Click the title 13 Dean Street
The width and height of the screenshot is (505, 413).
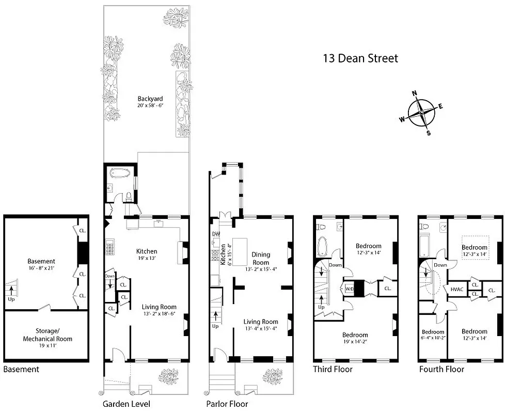coord(360,58)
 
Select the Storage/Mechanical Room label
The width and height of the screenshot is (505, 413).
coord(47,336)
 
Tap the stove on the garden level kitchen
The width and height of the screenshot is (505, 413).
coord(111,249)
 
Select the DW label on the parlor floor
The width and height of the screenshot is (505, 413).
coord(216,234)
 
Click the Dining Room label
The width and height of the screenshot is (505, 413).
coord(261,258)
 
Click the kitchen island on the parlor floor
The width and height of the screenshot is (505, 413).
coord(240,252)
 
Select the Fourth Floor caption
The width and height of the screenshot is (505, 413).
coord(441,369)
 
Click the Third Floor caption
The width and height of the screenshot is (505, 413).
coord(333,369)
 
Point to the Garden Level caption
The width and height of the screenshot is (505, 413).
coord(126,404)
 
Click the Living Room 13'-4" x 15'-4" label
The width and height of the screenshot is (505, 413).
coord(261,325)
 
